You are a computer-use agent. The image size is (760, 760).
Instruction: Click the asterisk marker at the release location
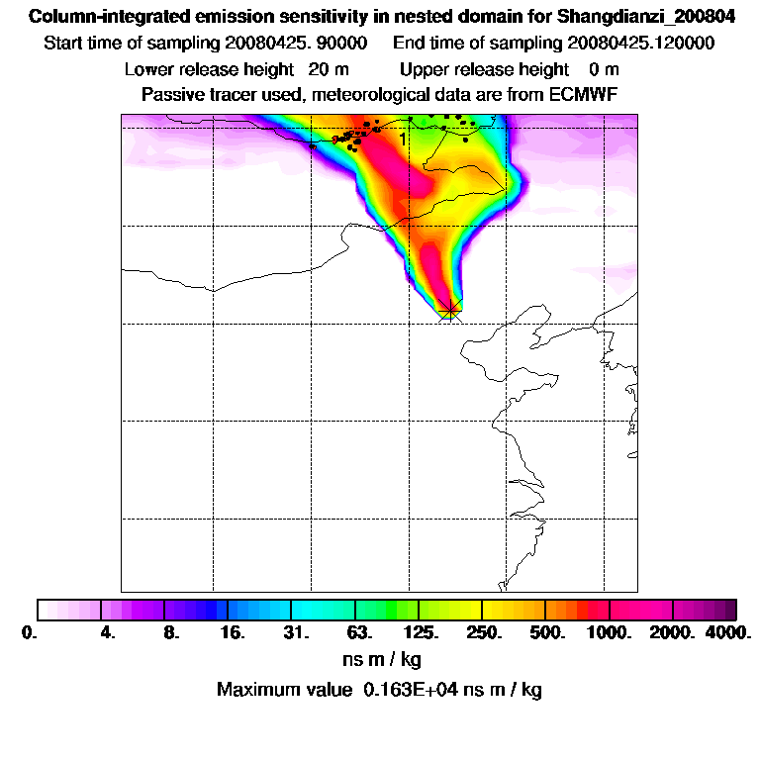(450, 312)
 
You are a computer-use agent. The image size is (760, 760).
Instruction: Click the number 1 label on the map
(403, 140)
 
